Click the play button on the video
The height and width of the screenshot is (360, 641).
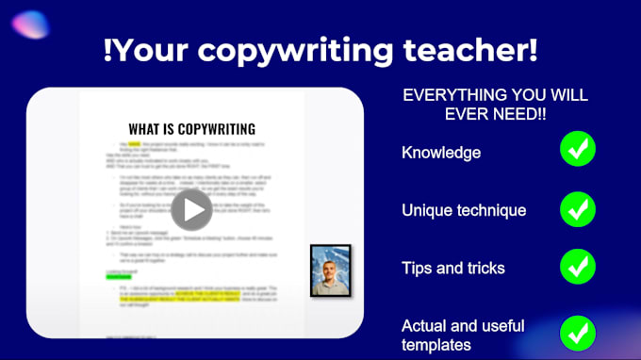point(192,209)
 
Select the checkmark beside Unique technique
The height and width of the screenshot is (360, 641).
point(578,210)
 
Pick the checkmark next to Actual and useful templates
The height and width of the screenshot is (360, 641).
point(578,335)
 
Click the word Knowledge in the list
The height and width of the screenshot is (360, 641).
point(441,153)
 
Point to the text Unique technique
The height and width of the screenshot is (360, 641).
point(464,210)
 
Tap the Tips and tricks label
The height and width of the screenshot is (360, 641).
point(453,269)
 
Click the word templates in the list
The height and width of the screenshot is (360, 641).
point(436,345)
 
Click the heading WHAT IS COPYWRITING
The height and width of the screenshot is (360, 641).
point(192,129)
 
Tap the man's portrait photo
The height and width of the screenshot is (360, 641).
point(331,270)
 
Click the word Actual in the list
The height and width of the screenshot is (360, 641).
point(425,326)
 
